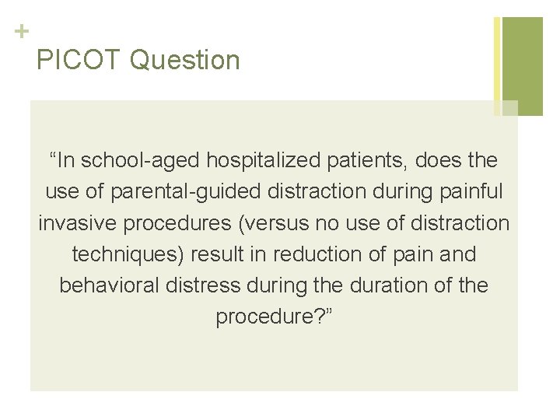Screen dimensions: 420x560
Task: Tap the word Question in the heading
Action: point(186,60)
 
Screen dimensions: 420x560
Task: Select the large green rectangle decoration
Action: point(523,66)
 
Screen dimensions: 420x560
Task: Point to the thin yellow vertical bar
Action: point(497,66)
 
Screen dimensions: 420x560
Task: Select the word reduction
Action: point(319,254)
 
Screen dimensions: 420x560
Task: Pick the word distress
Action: point(208,285)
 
